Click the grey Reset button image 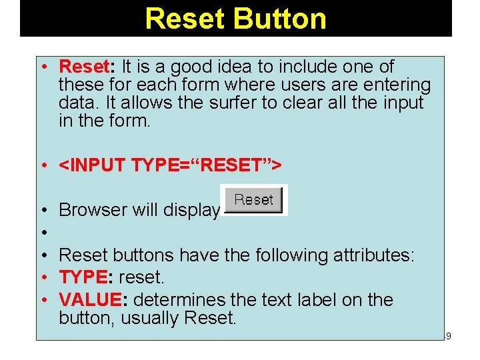point(253,200)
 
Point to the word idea point(250,67)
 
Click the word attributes point(367,255)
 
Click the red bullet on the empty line point(42,233)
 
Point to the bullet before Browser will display point(42,210)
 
